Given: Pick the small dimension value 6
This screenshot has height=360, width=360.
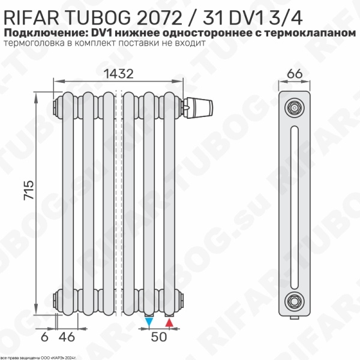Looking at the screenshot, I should (44, 337).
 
